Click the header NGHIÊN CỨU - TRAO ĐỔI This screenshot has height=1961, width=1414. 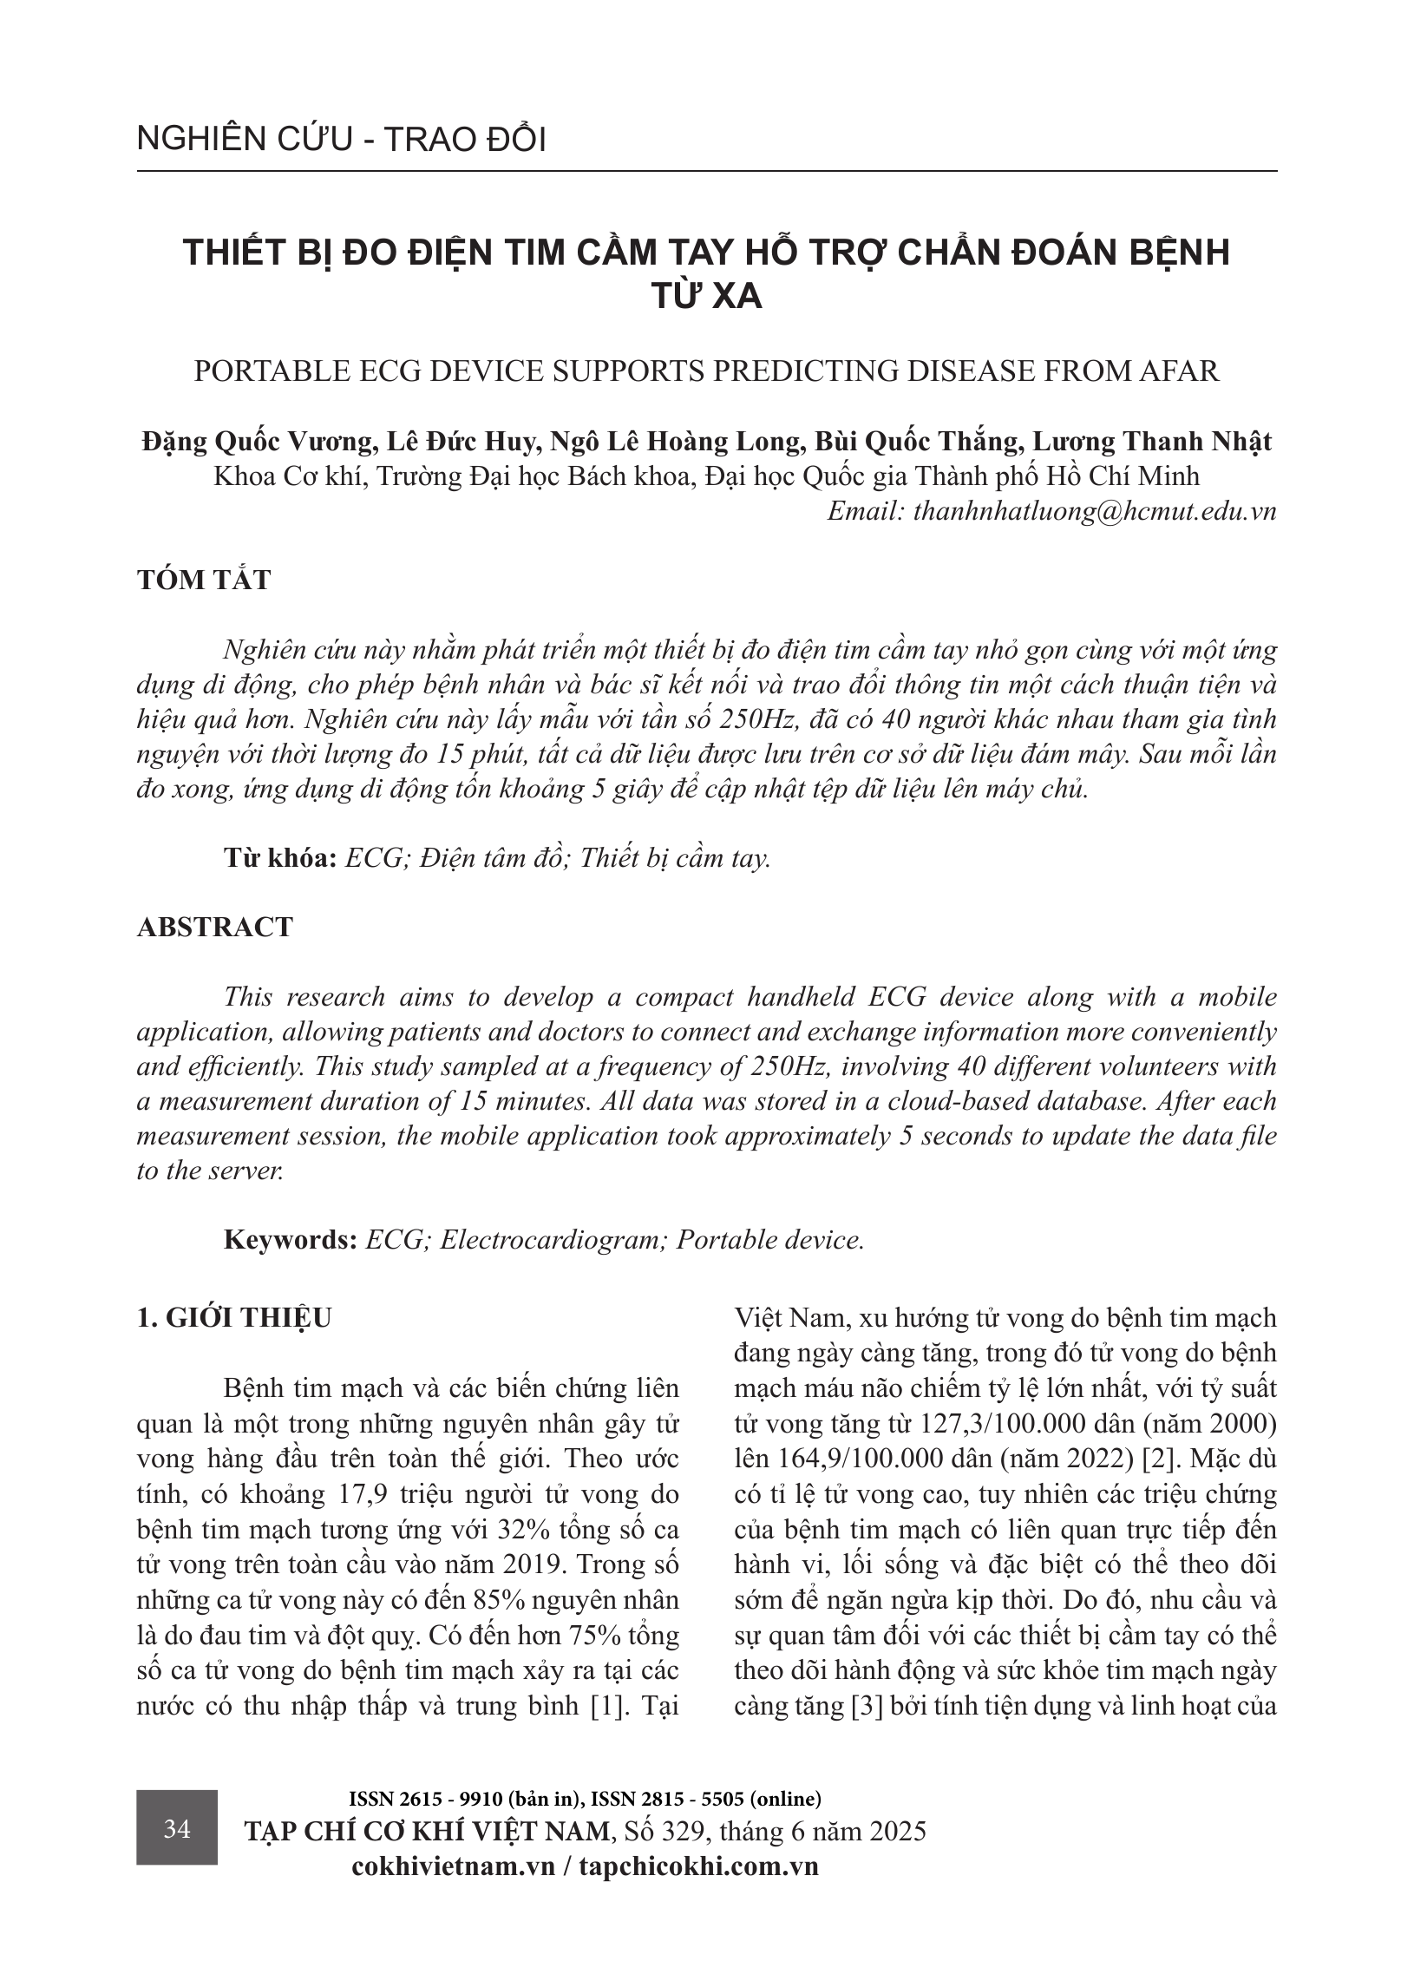point(341,140)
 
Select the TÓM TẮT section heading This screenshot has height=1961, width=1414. point(204,580)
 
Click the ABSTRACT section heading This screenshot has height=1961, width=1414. point(215,927)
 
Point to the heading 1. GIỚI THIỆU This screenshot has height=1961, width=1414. point(234,1317)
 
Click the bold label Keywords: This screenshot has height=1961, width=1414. point(291,1239)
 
